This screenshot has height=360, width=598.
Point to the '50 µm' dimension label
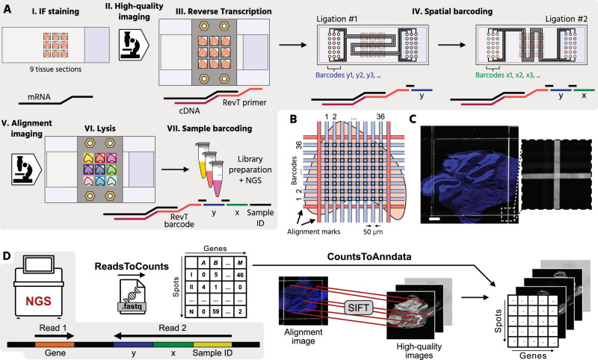pyautogui.click(x=380, y=232)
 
